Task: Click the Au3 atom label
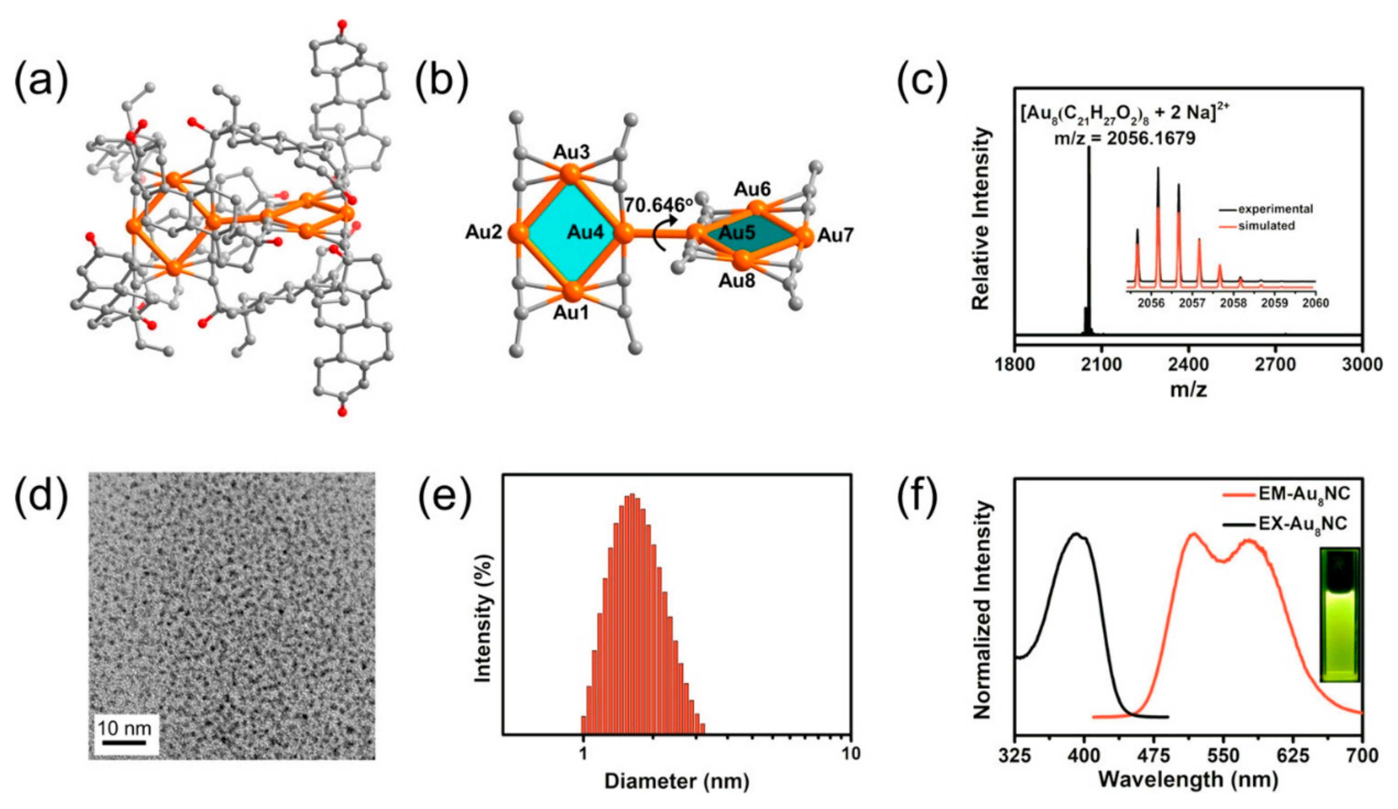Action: pyautogui.click(x=572, y=152)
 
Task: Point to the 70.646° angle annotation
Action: pyautogui.click(x=659, y=205)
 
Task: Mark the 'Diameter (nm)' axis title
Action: pyautogui.click(x=677, y=781)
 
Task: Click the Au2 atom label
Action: pyautogui.click(x=483, y=232)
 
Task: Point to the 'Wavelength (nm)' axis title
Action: pyautogui.click(x=1188, y=779)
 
